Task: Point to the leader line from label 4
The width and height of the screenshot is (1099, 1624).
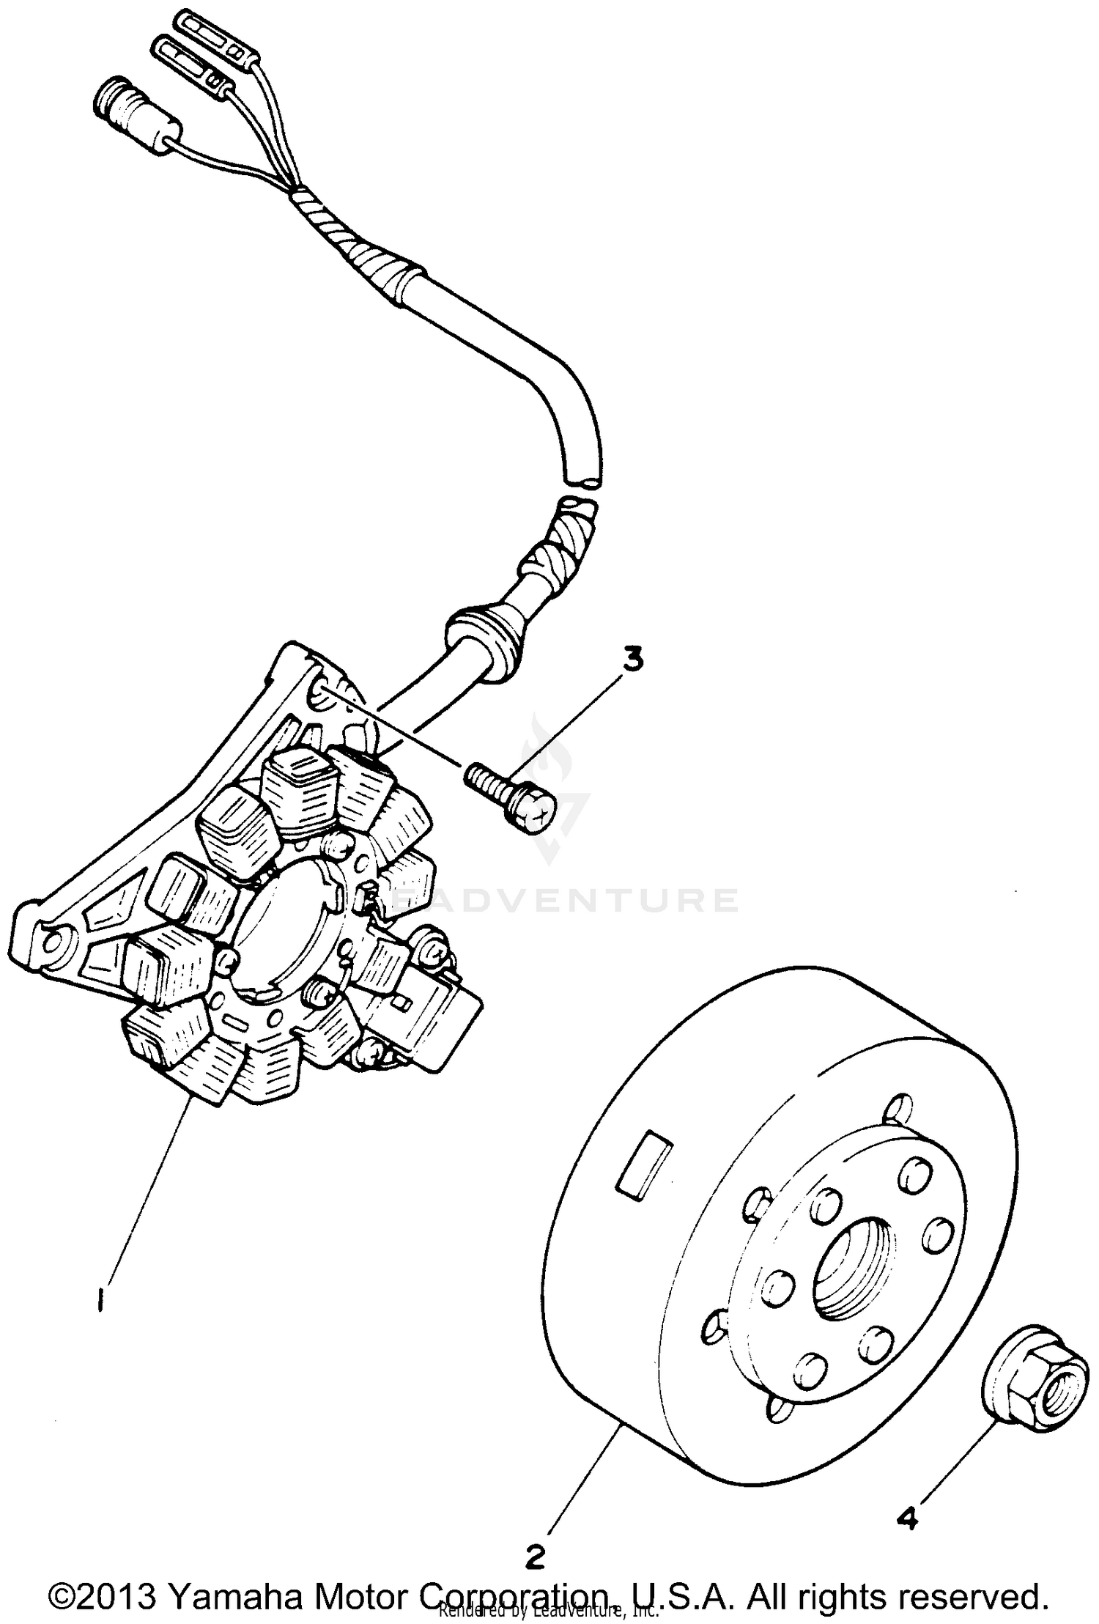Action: [x=952, y=1458]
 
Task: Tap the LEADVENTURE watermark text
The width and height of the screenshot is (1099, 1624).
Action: [x=564, y=899]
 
